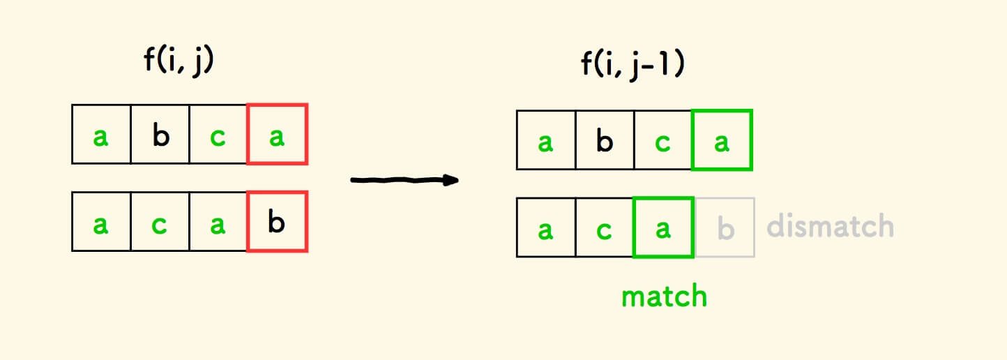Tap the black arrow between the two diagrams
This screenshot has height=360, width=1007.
point(404,180)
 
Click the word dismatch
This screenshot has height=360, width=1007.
point(830,226)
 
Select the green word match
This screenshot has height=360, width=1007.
point(664,296)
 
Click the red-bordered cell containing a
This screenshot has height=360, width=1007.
point(277,134)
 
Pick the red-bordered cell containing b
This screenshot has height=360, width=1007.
point(277,222)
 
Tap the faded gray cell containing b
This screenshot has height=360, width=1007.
point(725,227)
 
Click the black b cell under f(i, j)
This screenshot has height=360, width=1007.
point(160,134)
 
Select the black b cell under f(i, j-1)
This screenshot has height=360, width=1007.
point(605,140)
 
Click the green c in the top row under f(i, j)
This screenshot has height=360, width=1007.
point(218,134)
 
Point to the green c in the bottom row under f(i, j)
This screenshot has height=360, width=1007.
point(160,222)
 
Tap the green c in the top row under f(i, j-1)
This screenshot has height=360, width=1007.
point(663,140)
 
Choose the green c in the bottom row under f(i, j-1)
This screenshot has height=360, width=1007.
point(605,227)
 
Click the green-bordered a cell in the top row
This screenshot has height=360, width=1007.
point(722,140)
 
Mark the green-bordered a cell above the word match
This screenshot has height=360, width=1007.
point(663,227)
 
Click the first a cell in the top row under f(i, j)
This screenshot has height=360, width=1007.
point(101,134)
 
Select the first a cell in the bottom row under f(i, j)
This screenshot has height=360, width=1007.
point(101,222)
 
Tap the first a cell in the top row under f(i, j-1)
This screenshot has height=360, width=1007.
point(546,140)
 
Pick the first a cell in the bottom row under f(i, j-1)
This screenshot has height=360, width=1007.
point(546,227)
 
